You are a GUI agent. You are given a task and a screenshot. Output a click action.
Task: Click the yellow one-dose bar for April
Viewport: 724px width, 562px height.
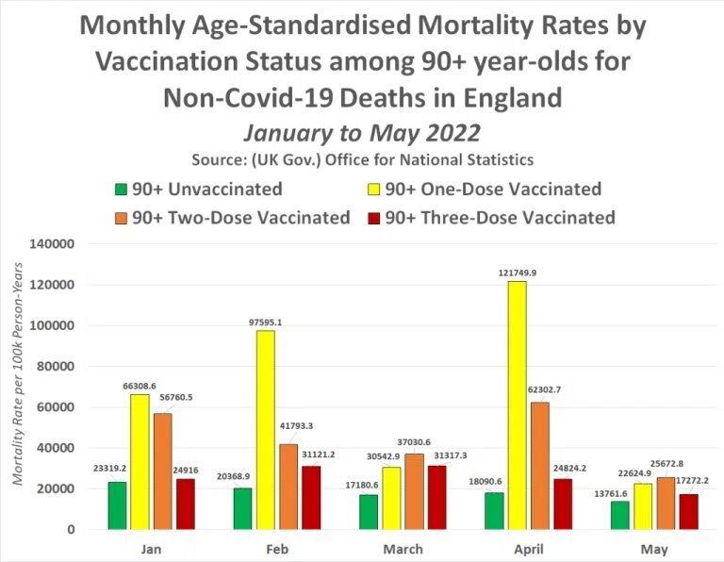point(517,405)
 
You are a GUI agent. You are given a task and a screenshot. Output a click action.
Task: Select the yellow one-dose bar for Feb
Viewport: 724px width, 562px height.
point(266,430)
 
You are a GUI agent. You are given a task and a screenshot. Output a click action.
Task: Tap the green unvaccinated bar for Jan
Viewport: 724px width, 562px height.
point(117,505)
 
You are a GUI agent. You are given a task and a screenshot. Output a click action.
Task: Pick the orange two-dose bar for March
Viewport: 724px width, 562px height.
point(414,491)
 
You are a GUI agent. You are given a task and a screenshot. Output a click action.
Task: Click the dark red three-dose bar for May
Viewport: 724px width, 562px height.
point(689,512)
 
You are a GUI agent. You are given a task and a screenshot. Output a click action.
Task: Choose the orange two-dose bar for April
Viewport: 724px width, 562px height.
point(540,466)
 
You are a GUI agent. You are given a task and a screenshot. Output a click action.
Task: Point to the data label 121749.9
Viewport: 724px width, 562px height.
point(518,273)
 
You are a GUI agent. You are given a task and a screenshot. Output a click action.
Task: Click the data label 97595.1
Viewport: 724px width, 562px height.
point(265,322)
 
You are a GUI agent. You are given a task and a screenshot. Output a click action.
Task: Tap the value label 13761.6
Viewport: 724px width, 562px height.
point(611,494)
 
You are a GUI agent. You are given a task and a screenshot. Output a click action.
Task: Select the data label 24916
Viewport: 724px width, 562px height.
point(186,471)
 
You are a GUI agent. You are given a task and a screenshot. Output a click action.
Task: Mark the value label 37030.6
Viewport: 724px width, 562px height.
point(414,442)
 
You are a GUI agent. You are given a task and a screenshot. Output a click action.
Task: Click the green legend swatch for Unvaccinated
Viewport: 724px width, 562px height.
point(121,190)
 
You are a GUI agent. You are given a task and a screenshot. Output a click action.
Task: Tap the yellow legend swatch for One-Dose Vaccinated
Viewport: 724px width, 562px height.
point(373,190)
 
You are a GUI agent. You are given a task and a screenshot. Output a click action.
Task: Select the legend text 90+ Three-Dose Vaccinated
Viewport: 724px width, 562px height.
point(500,218)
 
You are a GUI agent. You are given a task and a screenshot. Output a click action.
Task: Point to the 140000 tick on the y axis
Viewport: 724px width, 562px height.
point(52,244)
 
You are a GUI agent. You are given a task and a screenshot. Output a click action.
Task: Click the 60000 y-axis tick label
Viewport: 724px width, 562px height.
point(56,407)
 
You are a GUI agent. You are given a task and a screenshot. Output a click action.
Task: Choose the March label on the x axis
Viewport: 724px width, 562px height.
point(403,549)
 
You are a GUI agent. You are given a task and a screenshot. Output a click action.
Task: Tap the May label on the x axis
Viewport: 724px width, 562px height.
point(654,550)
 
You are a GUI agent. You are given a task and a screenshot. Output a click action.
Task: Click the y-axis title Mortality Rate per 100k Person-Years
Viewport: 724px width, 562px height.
point(18,374)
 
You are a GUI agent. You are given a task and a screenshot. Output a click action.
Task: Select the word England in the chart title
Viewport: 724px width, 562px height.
point(513,97)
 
